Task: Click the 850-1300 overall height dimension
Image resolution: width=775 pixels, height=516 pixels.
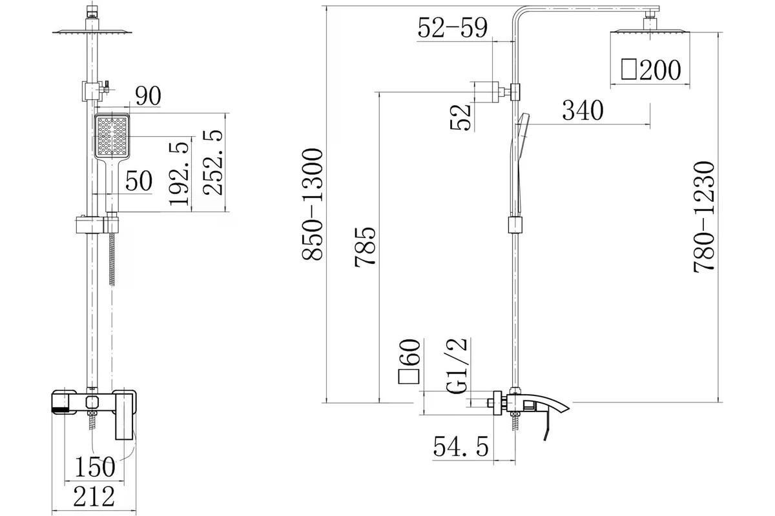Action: point(313,204)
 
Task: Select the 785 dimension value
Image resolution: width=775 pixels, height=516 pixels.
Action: point(365,247)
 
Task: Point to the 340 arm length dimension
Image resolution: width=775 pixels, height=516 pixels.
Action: point(583,110)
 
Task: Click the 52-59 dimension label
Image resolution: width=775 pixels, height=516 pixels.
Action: point(453,27)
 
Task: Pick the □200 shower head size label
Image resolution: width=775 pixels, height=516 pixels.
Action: point(651,70)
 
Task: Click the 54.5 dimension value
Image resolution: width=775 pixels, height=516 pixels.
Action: point(461,446)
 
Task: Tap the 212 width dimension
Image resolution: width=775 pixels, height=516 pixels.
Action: point(94,497)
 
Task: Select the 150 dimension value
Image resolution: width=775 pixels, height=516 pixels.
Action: point(95,466)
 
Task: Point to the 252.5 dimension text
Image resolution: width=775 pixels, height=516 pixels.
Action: point(213,163)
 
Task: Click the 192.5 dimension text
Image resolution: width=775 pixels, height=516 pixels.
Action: point(180,174)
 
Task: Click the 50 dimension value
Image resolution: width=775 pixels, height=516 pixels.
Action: point(139,181)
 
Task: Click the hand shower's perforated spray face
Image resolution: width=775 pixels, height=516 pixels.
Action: point(112,136)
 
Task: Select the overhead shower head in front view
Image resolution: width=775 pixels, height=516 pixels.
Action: point(92,32)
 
